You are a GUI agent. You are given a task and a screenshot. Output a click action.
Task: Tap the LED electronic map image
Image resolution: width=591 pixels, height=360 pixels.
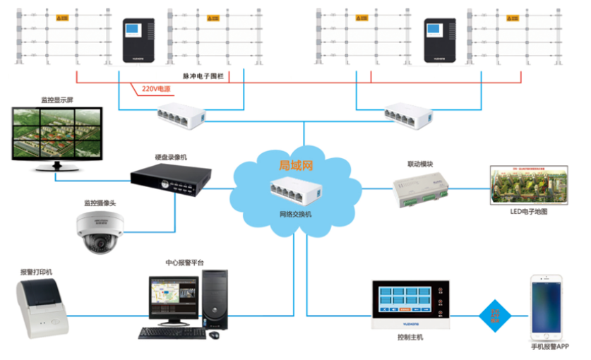(529, 186)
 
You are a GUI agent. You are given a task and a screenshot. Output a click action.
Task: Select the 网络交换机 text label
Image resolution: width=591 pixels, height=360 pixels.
(296, 214)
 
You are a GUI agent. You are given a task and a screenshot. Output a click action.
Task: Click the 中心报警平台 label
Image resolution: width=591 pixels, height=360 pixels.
(185, 263)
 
